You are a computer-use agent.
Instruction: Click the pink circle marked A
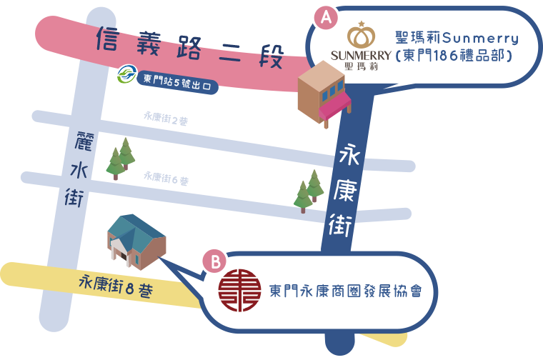(x=326, y=17)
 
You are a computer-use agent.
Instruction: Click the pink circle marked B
(x=215, y=261)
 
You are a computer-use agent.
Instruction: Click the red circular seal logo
(x=239, y=291)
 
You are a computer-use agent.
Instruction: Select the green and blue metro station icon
(x=126, y=74)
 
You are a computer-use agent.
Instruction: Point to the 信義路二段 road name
(x=190, y=47)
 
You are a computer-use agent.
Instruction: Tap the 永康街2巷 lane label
(x=166, y=118)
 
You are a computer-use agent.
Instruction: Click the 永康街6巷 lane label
(x=166, y=179)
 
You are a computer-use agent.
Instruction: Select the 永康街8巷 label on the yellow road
(x=116, y=286)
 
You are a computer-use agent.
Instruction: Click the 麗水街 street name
(x=79, y=169)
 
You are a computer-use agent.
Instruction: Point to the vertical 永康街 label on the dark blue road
(x=344, y=190)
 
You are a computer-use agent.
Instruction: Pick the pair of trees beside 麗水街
(x=121, y=159)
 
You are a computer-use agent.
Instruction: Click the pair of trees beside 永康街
(x=309, y=191)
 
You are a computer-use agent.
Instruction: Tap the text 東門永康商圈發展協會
(x=346, y=291)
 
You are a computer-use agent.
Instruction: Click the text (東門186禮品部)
(x=454, y=56)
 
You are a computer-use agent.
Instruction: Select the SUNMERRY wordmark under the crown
(x=362, y=56)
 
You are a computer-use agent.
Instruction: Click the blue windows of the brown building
(x=332, y=91)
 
